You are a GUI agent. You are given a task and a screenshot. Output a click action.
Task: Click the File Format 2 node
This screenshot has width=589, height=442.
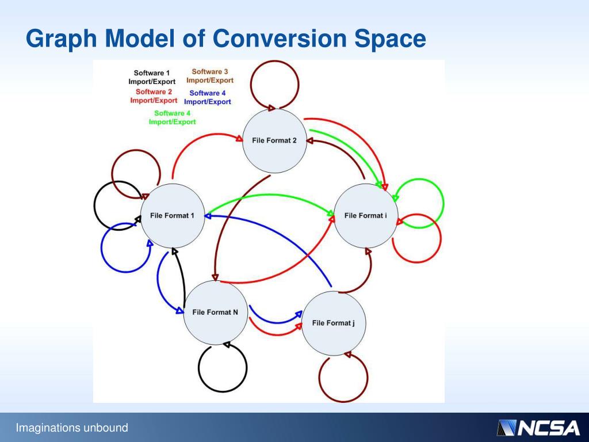coord(274,140)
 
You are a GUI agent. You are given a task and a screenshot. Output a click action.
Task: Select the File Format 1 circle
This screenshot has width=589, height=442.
coord(173,215)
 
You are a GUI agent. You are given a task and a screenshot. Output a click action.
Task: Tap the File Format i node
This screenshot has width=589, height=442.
coord(365,215)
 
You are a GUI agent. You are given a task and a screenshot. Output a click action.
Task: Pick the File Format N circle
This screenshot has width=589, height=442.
coord(215,313)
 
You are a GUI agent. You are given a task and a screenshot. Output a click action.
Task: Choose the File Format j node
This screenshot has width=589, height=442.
coord(334,323)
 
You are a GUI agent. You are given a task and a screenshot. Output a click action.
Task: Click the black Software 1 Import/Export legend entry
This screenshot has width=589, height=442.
coord(152,77)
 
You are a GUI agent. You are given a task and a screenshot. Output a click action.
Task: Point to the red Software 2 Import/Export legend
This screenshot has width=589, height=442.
coord(154,96)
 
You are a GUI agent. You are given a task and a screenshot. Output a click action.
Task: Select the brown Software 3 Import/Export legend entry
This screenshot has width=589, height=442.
coord(210,76)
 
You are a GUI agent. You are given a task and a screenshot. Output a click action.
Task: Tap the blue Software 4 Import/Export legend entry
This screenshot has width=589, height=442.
coord(208,97)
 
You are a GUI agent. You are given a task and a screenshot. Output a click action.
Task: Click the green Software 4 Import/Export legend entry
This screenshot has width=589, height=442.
coord(172,117)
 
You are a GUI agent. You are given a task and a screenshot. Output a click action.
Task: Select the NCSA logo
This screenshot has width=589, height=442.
coord(538,428)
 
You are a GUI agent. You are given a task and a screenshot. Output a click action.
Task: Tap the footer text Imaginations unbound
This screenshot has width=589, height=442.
coord(72,428)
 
